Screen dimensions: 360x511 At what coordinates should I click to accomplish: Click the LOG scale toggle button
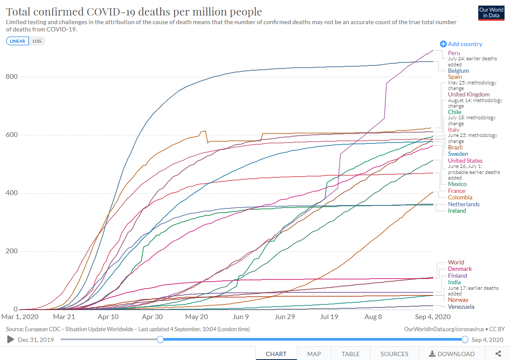(x=37, y=41)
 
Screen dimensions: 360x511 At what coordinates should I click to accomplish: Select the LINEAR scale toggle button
(x=18, y=41)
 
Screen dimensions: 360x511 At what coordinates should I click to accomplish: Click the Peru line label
(x=454, y=53)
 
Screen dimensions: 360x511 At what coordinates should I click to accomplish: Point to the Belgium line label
(x=458, y=71)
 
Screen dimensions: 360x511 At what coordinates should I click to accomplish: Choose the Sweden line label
(x=458, y=154)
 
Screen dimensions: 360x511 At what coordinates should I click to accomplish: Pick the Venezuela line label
(x=461, y=307)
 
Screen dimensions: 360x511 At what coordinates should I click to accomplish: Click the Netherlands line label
(x=464, y=204)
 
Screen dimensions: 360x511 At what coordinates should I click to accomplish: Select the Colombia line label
(x=460, y=197)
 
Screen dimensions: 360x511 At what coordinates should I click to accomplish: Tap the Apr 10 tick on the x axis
(x=108, y=317)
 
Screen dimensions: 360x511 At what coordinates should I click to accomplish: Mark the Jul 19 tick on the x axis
(x=329, y=317)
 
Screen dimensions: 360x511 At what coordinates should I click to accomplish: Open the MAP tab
(x=314, y=354)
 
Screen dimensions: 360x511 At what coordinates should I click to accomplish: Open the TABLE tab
(x=351, y=354)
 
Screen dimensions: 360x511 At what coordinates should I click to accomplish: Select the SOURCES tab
(x=394, y=354)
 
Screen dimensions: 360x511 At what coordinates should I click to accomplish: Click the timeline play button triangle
(x=11, y=339)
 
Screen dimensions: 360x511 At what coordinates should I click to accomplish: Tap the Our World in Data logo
(x=491, y=12)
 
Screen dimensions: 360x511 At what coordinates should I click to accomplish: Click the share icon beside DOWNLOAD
(x=499, y=354)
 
